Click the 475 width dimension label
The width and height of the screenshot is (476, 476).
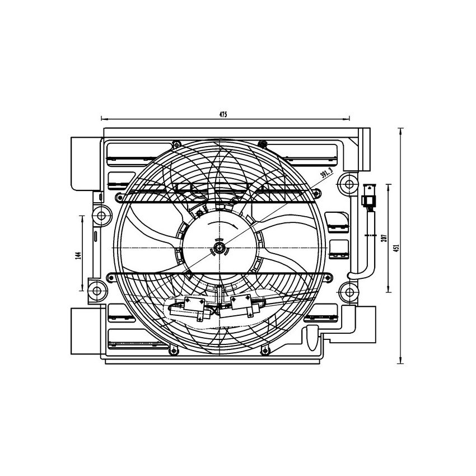click(222, 114)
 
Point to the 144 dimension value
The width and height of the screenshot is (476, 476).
click(80, 256)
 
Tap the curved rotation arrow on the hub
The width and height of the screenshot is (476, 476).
click(221, 225)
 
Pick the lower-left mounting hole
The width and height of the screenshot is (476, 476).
click(97, 290)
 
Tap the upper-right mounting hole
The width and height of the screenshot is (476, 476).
click(349, 183)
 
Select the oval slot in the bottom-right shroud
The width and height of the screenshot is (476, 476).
click(309, 335)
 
